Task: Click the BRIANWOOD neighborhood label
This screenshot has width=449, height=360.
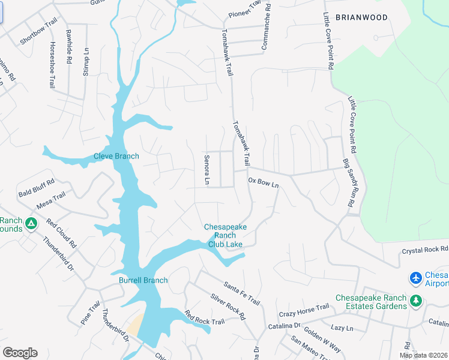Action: point(361,17)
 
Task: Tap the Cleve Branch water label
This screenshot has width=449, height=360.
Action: point(116,157)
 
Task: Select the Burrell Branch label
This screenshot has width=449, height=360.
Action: point(143,280)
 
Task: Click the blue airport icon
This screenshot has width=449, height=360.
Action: point(415,278)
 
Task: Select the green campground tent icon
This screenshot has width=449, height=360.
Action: point(31,224)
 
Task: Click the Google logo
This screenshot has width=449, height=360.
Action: point(19,353)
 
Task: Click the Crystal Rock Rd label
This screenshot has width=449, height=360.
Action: point(424,248)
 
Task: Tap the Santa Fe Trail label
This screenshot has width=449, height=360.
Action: point(241,292)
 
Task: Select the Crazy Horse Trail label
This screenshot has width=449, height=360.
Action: point(304,311)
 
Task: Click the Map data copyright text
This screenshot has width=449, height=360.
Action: point(423,355)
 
